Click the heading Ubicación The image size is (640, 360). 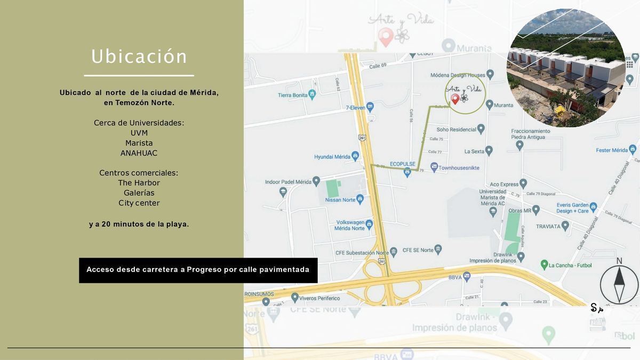(x=139, y=57)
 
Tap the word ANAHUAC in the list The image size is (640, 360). (x=139, y=153)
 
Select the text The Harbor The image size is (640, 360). (x=139, y=183)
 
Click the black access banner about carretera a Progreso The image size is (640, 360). (x=198, y=270)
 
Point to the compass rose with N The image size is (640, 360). (x=619, y=284)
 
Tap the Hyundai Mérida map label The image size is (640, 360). (x=332, y=157)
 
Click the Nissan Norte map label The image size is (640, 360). (x=340, y=200)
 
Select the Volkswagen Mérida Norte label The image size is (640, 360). (x=350, y=225)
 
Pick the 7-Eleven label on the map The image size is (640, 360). (x=356, y=107)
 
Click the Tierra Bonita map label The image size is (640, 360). (x=293, y=95)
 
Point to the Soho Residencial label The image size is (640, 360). (x=456, y=129)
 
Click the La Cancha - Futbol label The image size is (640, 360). (x=568, y=265)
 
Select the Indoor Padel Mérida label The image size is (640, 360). (x=288, y=182)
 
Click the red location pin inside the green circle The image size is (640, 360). (x=455, y=99)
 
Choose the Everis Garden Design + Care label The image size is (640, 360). (x=572, y=208)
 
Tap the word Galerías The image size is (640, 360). (x=139, y=193)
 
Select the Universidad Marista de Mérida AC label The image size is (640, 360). (x=492, y=197)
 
